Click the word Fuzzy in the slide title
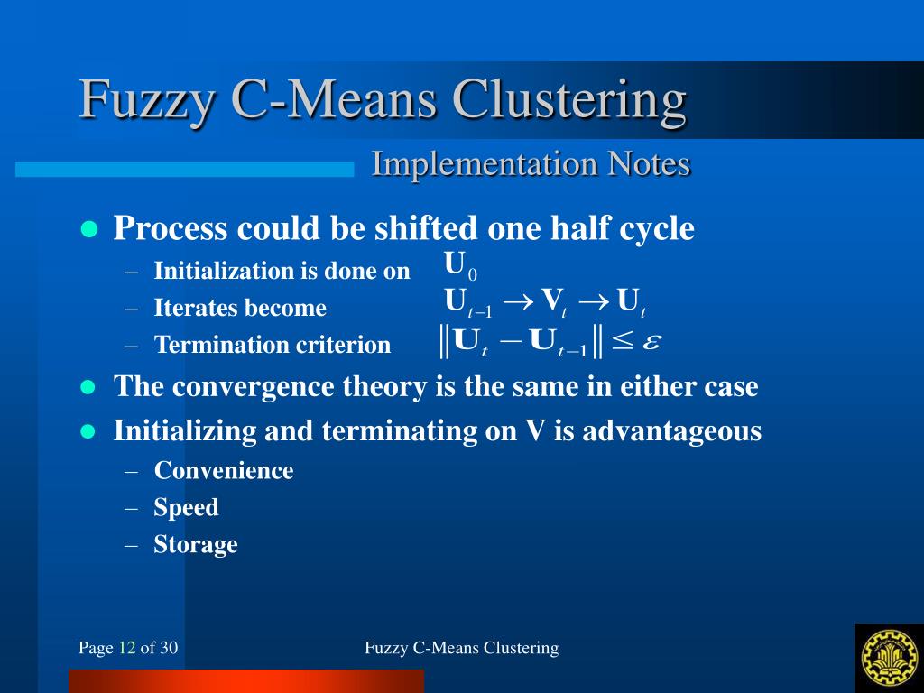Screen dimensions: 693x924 point(145,100)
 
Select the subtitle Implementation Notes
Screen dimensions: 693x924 point(531,164)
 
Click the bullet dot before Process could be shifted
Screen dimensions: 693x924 point(88,229)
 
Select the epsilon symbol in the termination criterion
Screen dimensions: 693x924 point(651,341)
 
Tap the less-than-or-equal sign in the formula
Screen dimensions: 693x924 point(623,341)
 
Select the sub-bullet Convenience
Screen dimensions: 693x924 point(224,471)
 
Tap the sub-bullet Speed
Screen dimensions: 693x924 point(186,508)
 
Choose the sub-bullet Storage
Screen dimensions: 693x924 point(196,545)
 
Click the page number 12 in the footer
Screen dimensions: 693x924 point(127,648)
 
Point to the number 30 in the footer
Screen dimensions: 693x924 point(170,648)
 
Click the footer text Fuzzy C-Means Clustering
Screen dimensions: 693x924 point(461,648)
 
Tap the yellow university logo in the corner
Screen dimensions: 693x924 point(889,656)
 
